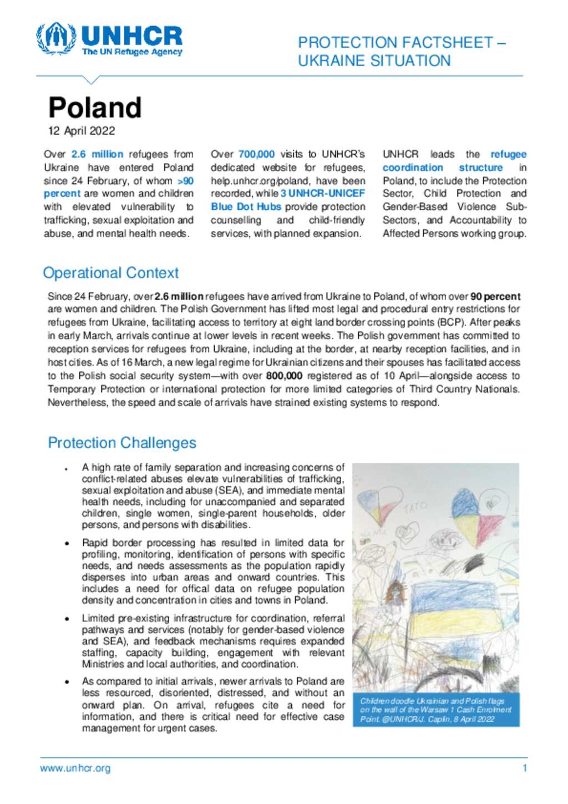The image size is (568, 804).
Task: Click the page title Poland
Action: click(x=95, y=108)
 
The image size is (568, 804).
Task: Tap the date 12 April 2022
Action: click(x=82, y=131)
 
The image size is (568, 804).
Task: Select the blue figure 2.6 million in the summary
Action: click(x=97, y=154)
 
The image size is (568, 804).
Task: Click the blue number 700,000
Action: click(x=256, y=154)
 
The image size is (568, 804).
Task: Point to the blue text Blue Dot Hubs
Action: click(x=246, y=207)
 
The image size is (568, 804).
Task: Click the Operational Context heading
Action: click(x=110, y=273)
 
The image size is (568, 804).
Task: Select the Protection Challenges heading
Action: click(x=121, y=443)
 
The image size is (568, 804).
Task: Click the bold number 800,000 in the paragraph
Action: click(x=284, y=376)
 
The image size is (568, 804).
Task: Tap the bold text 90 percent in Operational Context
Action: click(x=495, y=296)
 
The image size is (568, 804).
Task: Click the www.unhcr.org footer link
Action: click(x=75, y=768)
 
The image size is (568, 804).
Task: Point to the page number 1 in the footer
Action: click(x=524, y=768)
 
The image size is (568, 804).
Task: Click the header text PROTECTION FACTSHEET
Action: click(x=395, y=43)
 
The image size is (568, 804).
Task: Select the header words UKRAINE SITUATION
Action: click(x=374, y=61)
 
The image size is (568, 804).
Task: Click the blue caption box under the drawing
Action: click(x=436, y=710)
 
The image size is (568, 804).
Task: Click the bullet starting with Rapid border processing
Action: click(x=212, y=571)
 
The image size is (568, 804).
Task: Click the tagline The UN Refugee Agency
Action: click(x=132, y=52)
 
